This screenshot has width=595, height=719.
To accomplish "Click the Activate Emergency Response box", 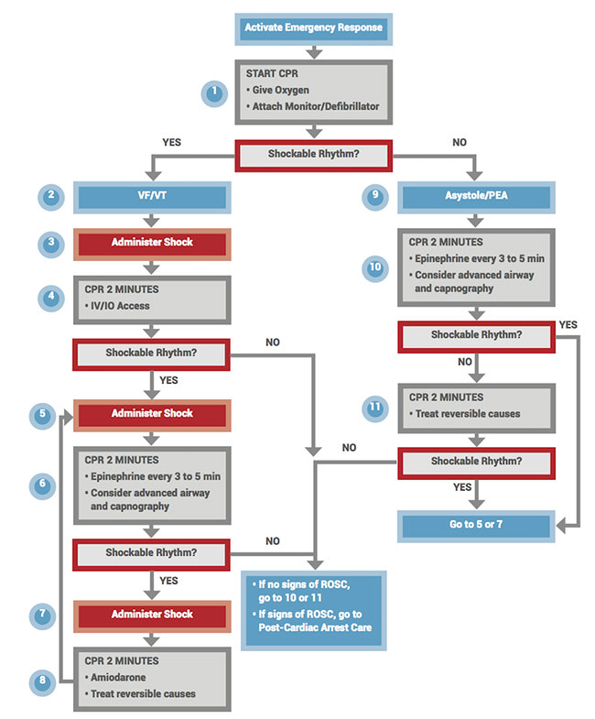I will pos(314,28).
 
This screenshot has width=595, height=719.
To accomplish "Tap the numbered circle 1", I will pos(215,93).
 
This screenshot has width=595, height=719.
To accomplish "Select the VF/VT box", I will pos(152,197).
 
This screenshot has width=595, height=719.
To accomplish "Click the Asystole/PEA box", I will pos(475,197).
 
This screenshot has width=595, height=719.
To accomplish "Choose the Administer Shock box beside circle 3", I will pos(152,244).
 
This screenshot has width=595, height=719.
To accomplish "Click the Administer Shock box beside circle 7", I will pos(152,614).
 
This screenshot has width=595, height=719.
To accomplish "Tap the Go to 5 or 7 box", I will pos(475,526).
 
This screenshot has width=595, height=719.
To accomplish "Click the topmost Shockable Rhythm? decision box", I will pos(314,154).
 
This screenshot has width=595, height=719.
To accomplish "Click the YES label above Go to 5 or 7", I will pos(463,487).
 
